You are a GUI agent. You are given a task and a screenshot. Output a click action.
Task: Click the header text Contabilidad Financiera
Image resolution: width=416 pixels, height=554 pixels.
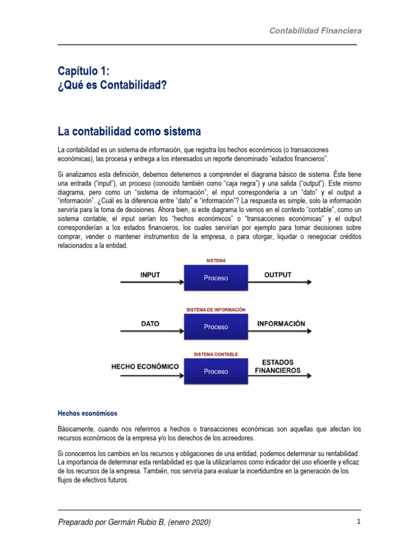coord(316,31)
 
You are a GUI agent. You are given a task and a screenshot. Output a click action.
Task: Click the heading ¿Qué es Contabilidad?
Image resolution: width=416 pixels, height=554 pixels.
coord(112,85)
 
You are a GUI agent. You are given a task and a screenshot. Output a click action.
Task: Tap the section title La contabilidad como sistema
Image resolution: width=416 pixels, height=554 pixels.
coord(129,131)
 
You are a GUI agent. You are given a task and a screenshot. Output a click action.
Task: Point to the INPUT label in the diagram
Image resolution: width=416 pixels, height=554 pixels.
coord(150,275)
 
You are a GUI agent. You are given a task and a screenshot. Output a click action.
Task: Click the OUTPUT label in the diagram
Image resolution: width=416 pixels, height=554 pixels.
coord(277,275)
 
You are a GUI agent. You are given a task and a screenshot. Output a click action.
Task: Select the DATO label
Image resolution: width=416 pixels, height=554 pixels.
coord(150,324)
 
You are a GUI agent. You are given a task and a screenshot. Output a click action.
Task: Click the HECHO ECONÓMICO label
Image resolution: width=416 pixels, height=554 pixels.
coord(145,366)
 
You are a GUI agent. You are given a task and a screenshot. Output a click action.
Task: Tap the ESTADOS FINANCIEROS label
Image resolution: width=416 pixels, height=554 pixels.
coord(278,366)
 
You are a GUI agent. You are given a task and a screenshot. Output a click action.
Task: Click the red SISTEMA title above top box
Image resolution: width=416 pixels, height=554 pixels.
coord(216,260)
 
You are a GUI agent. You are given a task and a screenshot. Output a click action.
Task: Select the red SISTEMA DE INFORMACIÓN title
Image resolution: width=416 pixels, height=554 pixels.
coord(216,309)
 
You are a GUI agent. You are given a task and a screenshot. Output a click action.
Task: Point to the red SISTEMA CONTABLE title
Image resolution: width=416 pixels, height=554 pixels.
coord(216,354)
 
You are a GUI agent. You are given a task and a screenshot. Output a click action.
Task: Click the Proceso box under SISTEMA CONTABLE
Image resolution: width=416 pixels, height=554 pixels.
coord(216,372)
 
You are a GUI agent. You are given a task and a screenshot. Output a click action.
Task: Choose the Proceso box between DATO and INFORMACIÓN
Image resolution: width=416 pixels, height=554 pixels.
coord(216,327)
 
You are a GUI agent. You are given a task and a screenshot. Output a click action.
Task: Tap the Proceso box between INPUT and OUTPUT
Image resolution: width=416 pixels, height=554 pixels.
coord(216,278)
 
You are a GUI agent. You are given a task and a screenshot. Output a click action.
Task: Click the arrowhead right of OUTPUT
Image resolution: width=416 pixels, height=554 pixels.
coord(308,282)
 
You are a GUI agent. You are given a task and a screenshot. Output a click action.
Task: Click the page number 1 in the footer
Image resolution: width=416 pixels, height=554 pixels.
coord(359,522)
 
